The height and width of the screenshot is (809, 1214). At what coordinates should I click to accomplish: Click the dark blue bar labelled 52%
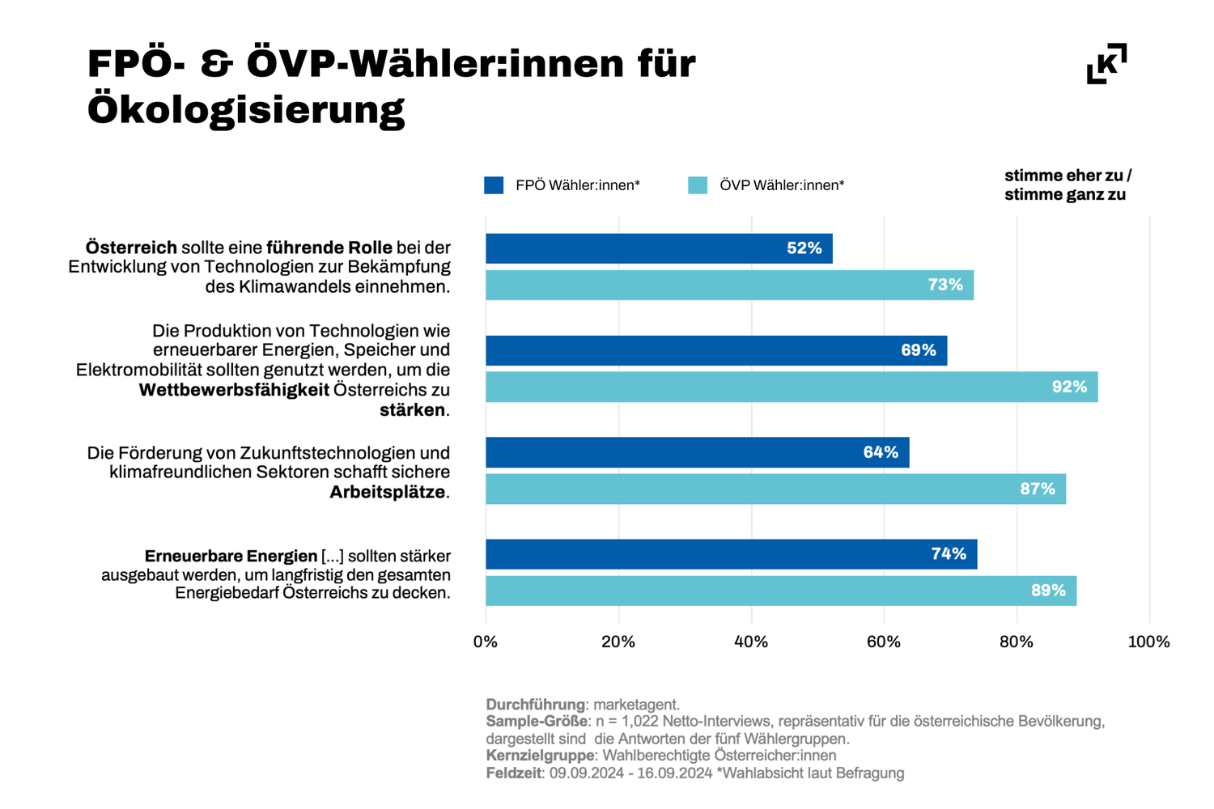(659, 248)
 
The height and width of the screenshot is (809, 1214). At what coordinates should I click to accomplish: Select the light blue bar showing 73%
(729, 286)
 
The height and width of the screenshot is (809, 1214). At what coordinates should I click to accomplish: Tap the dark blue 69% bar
(716, 350)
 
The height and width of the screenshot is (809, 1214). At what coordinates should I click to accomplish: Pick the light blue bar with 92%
(792, 388)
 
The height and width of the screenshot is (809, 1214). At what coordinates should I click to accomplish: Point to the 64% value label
(881, 452)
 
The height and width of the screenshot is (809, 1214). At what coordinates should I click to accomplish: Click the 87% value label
(1038, 489)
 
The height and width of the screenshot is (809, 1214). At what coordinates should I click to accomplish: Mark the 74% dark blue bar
(731, 554)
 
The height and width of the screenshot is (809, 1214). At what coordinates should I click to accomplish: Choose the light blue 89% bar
(781, 591)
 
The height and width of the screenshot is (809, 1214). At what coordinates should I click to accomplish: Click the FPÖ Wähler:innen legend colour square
(494, 185)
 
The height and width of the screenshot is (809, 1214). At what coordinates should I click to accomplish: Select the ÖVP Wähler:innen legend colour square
(698, 185)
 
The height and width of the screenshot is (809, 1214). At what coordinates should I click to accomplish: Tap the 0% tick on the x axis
(486, 642)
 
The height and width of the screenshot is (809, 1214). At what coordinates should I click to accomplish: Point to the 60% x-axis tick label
(884, 642)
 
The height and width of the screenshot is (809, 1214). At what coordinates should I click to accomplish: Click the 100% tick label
(1148, 642)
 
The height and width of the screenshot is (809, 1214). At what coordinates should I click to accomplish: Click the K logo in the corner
(1106, 64)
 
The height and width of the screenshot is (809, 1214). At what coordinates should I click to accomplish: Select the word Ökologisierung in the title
(246, 110)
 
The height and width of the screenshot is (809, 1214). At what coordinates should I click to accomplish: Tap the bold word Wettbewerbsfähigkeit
(234, 390)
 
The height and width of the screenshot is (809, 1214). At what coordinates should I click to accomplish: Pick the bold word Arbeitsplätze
(388, 492)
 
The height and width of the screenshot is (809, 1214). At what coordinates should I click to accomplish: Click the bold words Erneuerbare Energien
(231, 557)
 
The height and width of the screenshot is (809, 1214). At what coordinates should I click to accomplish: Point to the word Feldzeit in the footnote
(513, 773)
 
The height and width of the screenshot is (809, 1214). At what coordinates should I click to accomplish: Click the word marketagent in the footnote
(635, 705)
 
